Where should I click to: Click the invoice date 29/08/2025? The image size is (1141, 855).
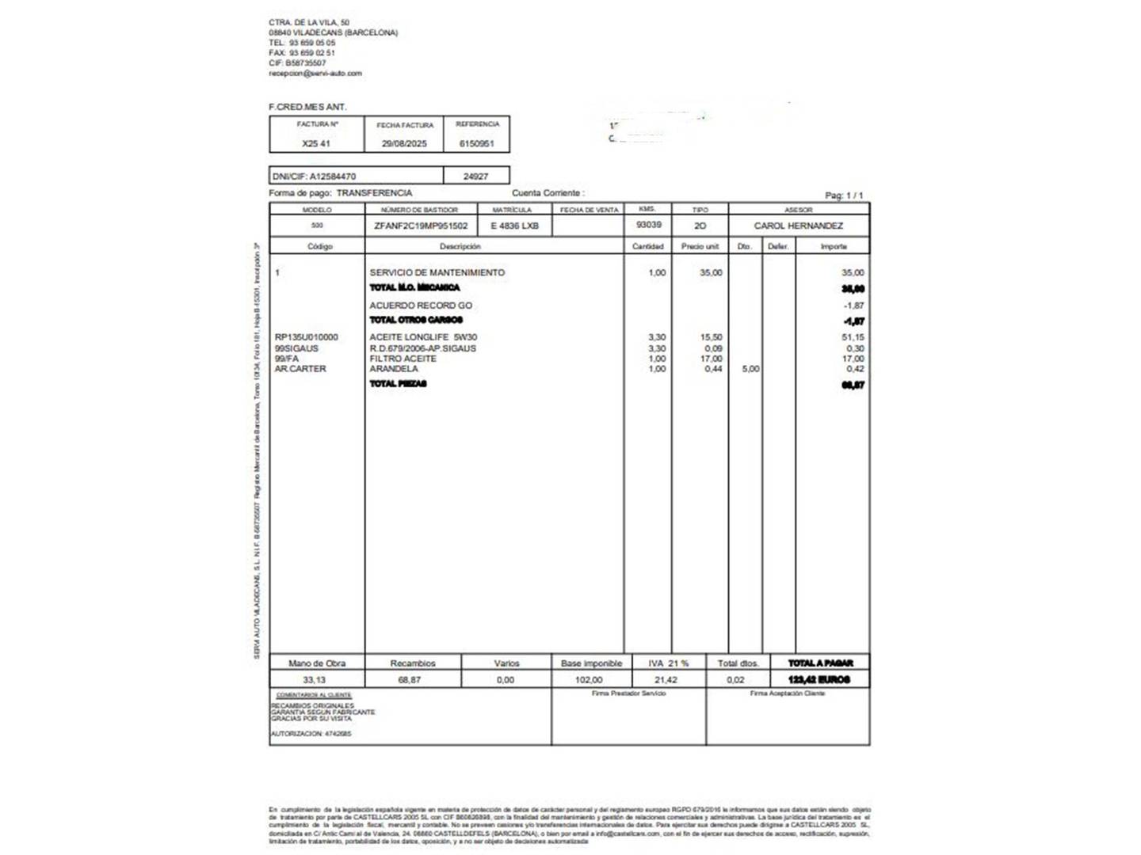coord(404,144)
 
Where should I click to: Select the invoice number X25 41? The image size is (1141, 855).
coord(316,144)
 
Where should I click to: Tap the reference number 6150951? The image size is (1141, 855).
coord(476,144)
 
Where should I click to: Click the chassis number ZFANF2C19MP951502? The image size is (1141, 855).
coord(421,226)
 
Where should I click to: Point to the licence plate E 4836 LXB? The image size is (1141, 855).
coord(514,226)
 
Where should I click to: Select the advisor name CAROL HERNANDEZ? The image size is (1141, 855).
coord(798,226)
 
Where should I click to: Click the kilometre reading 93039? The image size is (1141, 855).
coord(648,225)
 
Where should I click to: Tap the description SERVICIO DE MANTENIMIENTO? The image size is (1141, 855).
coord(437,273)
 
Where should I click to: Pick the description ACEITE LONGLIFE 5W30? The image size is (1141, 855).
coord(423,337)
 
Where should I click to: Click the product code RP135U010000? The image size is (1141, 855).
coord(306,337)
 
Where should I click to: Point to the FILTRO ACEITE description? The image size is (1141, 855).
coord(403,359)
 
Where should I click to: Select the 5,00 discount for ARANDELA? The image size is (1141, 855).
coord(750,369)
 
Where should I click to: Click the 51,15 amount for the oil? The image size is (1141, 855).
coord(853,337)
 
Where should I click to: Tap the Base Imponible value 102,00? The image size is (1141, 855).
coord(589,680)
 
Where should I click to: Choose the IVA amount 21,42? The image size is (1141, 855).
coord(666,680)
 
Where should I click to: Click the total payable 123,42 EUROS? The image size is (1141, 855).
coord(819,680)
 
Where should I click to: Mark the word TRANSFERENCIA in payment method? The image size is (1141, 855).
coord(374,193)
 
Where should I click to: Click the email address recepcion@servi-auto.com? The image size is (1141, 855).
coord(315,74)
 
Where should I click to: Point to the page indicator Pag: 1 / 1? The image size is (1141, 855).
coord(844,195)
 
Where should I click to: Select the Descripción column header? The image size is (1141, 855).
coord(460,247)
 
